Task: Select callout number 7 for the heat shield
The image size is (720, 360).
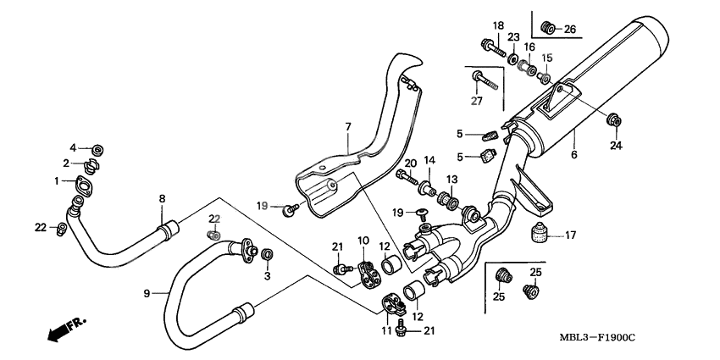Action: (347, 127)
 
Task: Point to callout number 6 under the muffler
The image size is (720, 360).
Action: (573, 155)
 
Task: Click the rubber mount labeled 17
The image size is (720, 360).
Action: (536, 234)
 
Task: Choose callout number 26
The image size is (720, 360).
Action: (569, 30)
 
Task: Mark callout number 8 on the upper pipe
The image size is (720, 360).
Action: (162, 200)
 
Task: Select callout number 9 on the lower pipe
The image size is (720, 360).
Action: (147, 292)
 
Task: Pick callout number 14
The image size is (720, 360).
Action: (429, 159)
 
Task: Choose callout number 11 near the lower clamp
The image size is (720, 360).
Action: (387, 330)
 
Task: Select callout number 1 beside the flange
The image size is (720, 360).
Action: (58, 180)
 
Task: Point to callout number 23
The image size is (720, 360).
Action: (513, 36)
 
